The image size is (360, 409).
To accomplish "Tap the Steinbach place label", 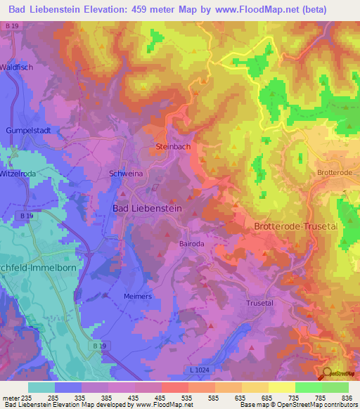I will tap(173, 147).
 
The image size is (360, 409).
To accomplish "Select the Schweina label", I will tap(127, 173).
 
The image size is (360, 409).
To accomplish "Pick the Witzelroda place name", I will tap(22, 173).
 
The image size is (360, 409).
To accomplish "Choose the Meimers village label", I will tap(137, 297).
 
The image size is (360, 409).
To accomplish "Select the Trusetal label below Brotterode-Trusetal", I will tap(259, 303).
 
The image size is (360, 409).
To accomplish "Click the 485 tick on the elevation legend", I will tap(148, 396).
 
